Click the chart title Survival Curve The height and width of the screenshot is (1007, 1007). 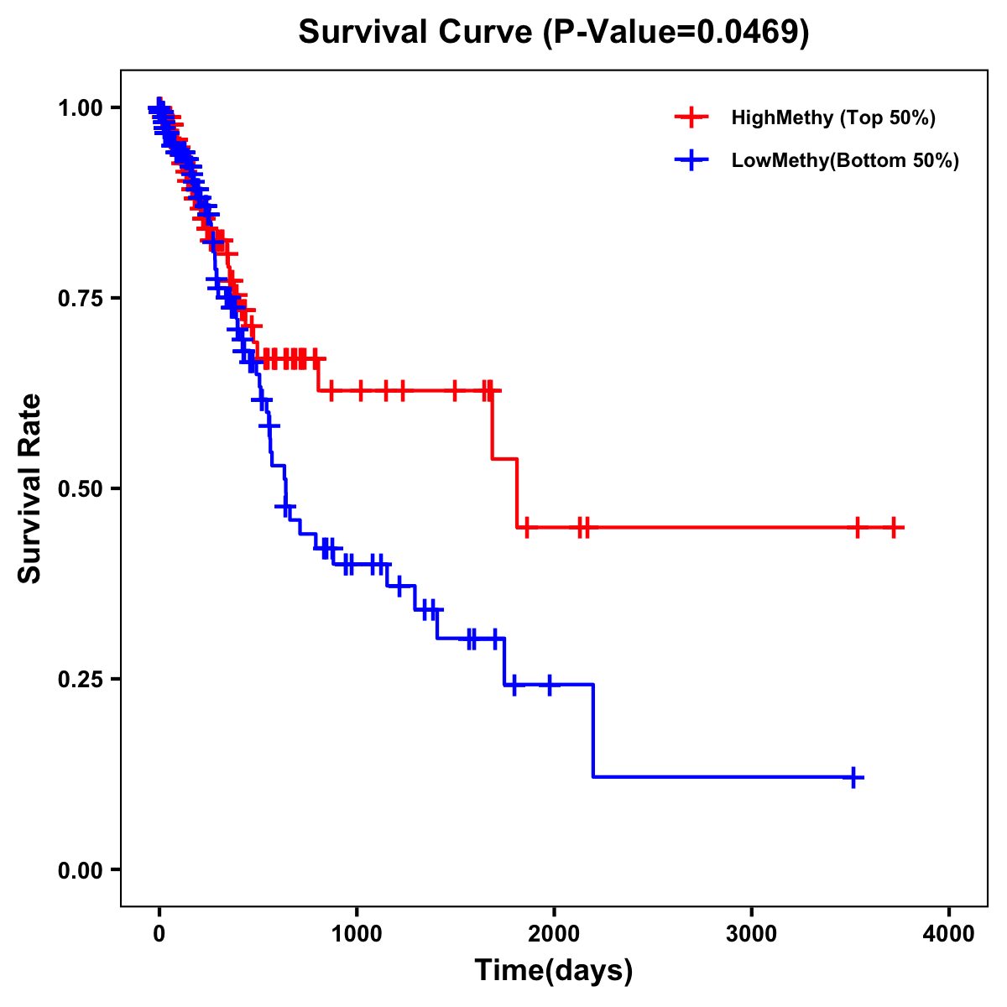click(415, 33)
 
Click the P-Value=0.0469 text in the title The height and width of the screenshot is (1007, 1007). click(676, 33)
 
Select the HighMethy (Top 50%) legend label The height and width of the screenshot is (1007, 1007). click(832, 117)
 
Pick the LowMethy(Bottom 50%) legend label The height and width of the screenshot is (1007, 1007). click(845, 160)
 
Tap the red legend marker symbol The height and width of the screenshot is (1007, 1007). click(691, 117)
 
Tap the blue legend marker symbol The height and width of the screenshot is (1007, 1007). click(691, 160)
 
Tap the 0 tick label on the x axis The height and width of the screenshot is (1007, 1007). click(159, 934)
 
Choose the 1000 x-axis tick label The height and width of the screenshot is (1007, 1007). click(357, 934)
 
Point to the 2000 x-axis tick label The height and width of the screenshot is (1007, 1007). click(554, 934)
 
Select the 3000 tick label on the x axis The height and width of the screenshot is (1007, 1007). click(751, 934)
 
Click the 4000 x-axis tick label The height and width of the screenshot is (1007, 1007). click(949, 934)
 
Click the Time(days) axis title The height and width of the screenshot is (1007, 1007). click(554, 971)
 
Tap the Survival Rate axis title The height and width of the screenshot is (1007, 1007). click(30, 488)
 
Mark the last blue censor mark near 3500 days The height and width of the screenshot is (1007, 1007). click(853, 777)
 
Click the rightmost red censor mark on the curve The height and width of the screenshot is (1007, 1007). click(895, 528)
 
